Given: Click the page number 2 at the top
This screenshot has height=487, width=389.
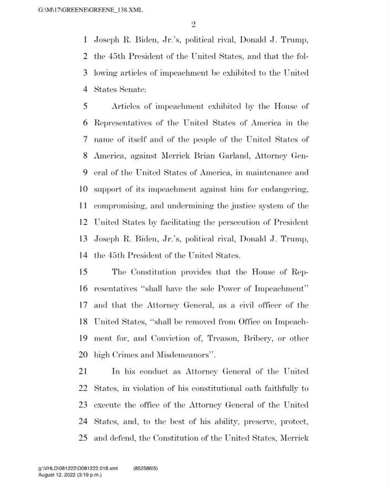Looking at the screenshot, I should click(x=195, y=24).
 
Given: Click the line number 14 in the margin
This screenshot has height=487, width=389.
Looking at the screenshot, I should click(x=83, y=255).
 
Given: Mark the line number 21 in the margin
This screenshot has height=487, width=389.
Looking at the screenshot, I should click(x=83, y=372).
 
